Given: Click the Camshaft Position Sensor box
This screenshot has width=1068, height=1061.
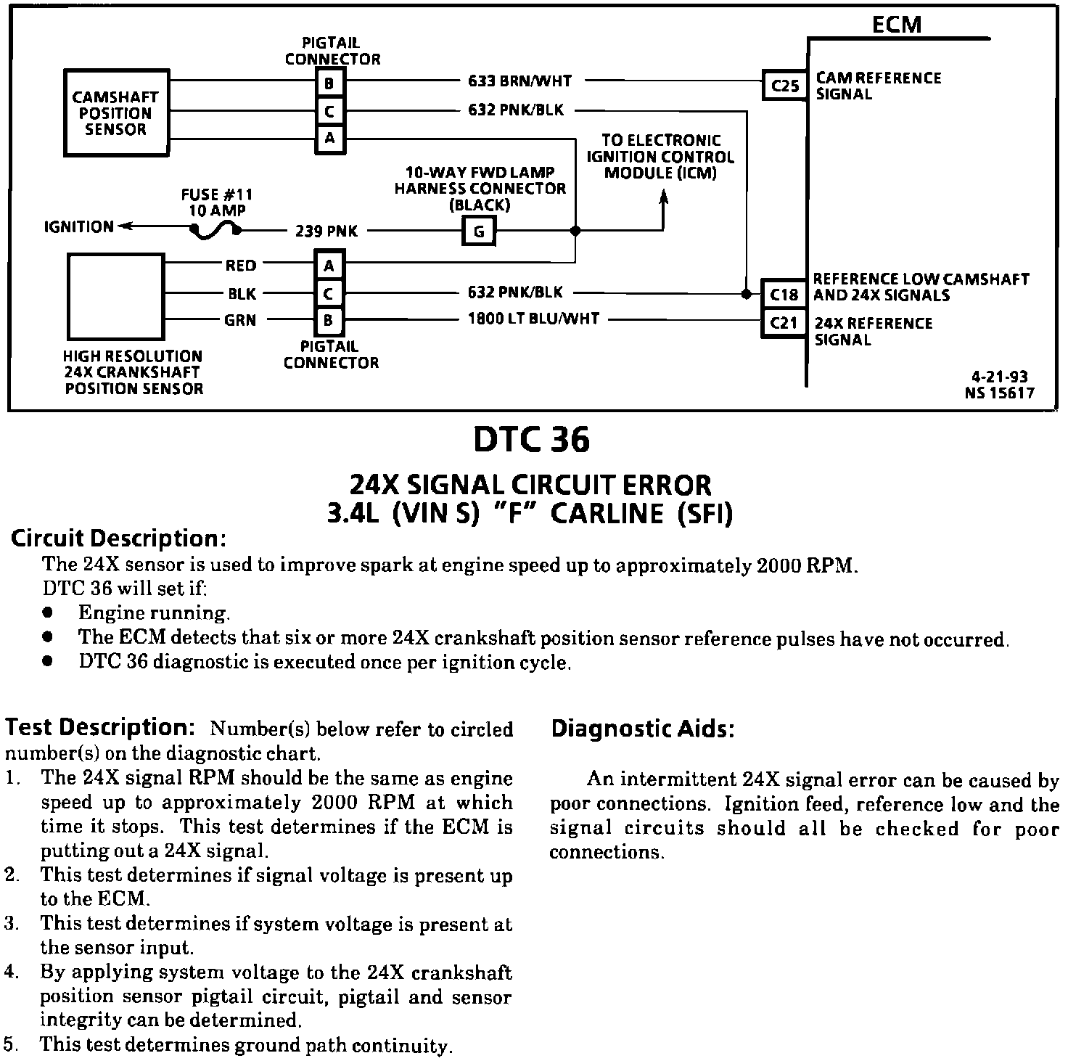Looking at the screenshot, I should pyautogui.click(x=116, y=112).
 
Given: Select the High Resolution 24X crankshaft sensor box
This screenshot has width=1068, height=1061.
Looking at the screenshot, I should pyautogui.click(x=115, y=296).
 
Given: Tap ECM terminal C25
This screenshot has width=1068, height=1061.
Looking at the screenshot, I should pyautogui.click(x=784, y=86).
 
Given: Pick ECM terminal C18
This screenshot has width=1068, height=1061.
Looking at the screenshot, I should pyautogui.click(x=784, y=294).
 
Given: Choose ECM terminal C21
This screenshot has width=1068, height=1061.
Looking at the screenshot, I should pyautogui.click(x=784, y=322).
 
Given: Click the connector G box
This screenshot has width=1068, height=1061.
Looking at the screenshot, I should pyautogui.click(x=479, y=232).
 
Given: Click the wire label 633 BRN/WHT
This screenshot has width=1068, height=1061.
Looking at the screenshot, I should pyautogui.click(x=519, y=81).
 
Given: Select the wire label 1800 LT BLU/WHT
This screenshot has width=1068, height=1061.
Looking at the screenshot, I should pyautogui.click(x=533, y=319).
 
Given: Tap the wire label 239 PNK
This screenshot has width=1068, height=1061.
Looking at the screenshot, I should pyautogui.click(x=326, y=232).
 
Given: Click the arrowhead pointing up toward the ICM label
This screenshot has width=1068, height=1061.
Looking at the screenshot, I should pyautogui.click(x=663, y=197).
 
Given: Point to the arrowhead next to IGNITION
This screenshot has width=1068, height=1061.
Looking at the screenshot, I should pyautogui.click(x=123, y=227).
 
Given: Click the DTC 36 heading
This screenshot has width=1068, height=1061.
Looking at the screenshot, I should pyautogui.click(x=531, y=440).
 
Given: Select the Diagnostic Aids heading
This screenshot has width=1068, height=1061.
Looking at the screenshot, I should pyautogui.click(x=643, y=729).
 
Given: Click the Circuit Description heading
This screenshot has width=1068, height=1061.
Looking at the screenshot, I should pyautogui.click(x=118, y=538).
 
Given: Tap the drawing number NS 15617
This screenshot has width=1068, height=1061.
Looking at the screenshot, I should pyautogui.click(x=999, y=393).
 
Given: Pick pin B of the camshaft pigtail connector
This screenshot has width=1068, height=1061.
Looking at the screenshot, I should pyautogui.click(x=329, y=83).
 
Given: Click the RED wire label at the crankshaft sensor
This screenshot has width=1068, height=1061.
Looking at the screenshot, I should pyautogui.click(x=240, y=266).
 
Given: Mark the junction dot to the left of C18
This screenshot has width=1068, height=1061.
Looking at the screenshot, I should pyautogui.click(x=746, y=294).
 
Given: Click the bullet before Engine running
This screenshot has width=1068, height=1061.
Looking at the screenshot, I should pyautogui.click(x=48, y=613).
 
